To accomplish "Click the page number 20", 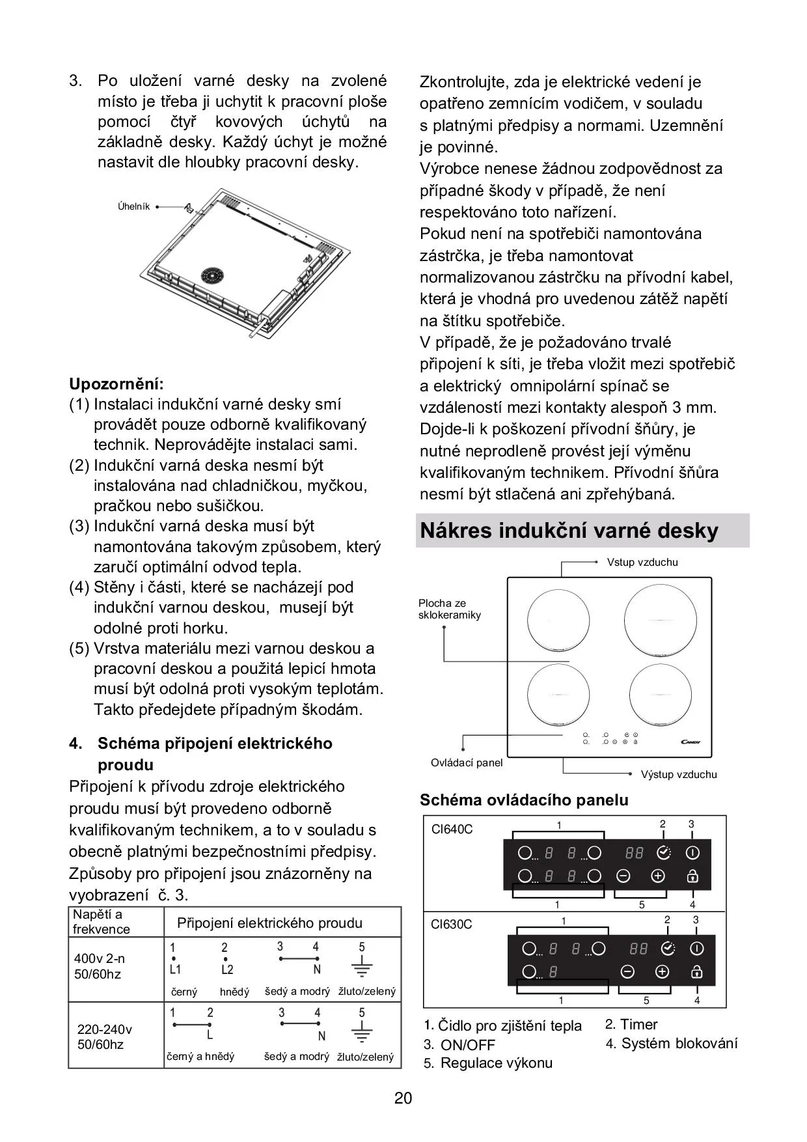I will click(x=403, y=1098).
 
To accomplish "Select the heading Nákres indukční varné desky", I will click(x=569, y=531).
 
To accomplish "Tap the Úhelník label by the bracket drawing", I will click(x=133, y=206).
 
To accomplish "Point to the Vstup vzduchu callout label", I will click(x=642, y=562).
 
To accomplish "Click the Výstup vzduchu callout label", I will click(x=679, y=774).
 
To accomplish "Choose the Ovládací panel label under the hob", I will click(x=467, y=762).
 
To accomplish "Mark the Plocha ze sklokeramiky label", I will click(x=449, y=609).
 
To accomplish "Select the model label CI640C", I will click(x=452, y=829).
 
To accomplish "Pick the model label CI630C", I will click(x=451, y=924).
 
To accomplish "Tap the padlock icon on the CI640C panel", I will click(x=692, y=876).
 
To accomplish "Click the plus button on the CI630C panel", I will click(x=662, y=972).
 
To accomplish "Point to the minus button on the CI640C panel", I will click(x=623, y=876).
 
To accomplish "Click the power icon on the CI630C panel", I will click(x=696, y=949).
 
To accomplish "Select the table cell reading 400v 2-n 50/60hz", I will click(x=100, y=966).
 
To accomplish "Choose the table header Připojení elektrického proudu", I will click(x=269, y=923).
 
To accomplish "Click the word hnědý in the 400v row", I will click(x=234, y=992).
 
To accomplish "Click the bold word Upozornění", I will click(x=116, y=383).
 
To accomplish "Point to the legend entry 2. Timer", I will click(x=631, y=1024).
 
